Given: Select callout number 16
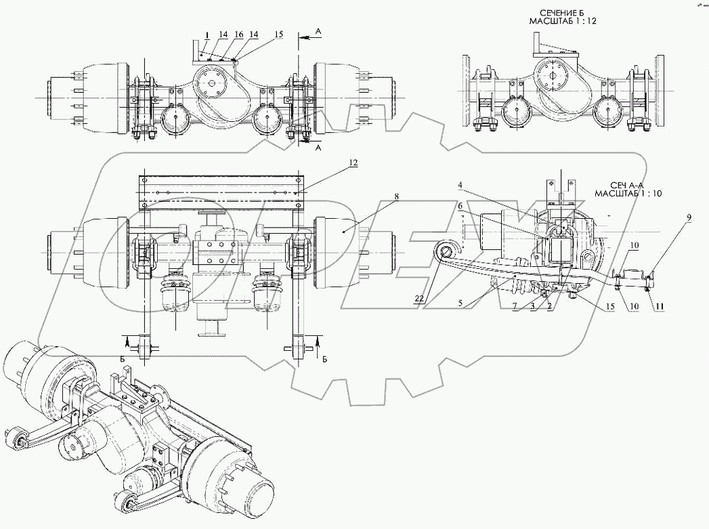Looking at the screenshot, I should (x=239, y=33).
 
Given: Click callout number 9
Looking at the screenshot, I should (x=689, y=217).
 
